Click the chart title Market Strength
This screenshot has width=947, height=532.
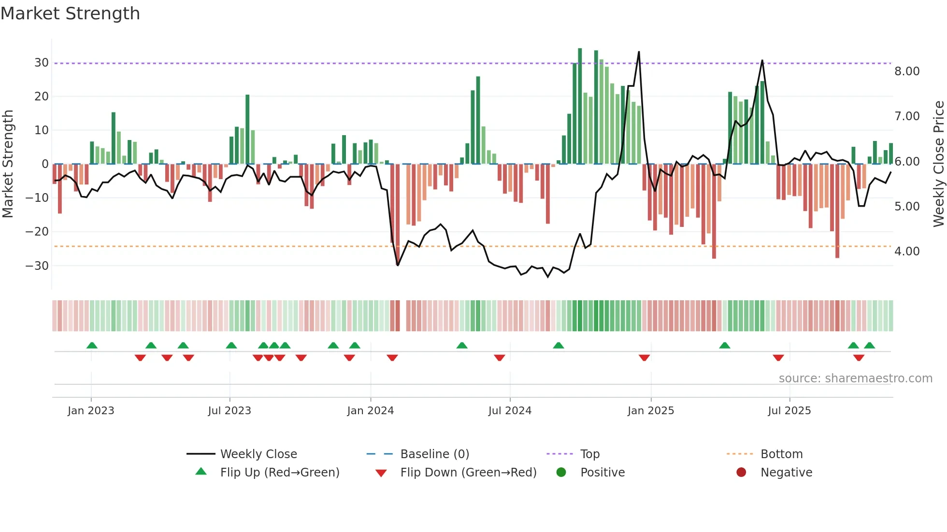pos(70,14)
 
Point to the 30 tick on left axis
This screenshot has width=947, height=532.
pos(41,63)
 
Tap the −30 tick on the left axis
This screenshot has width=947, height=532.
pos(37,266)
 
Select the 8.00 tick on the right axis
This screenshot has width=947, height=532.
pos(907,71)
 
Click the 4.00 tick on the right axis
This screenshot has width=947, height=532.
pos(907,252)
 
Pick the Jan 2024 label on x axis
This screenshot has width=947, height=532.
pos(370,411)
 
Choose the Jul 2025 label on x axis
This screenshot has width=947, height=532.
pos(789,411)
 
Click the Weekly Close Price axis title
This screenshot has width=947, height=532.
pos(938,164)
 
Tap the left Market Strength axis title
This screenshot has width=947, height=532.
pos(8,164)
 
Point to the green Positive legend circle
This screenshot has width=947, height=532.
pos(561,472)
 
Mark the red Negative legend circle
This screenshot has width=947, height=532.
pos(741,472)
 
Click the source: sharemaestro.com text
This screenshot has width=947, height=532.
pos(855,378)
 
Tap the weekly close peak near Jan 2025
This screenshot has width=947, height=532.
pos(639,52)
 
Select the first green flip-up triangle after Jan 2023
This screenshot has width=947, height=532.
pos(92,345)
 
